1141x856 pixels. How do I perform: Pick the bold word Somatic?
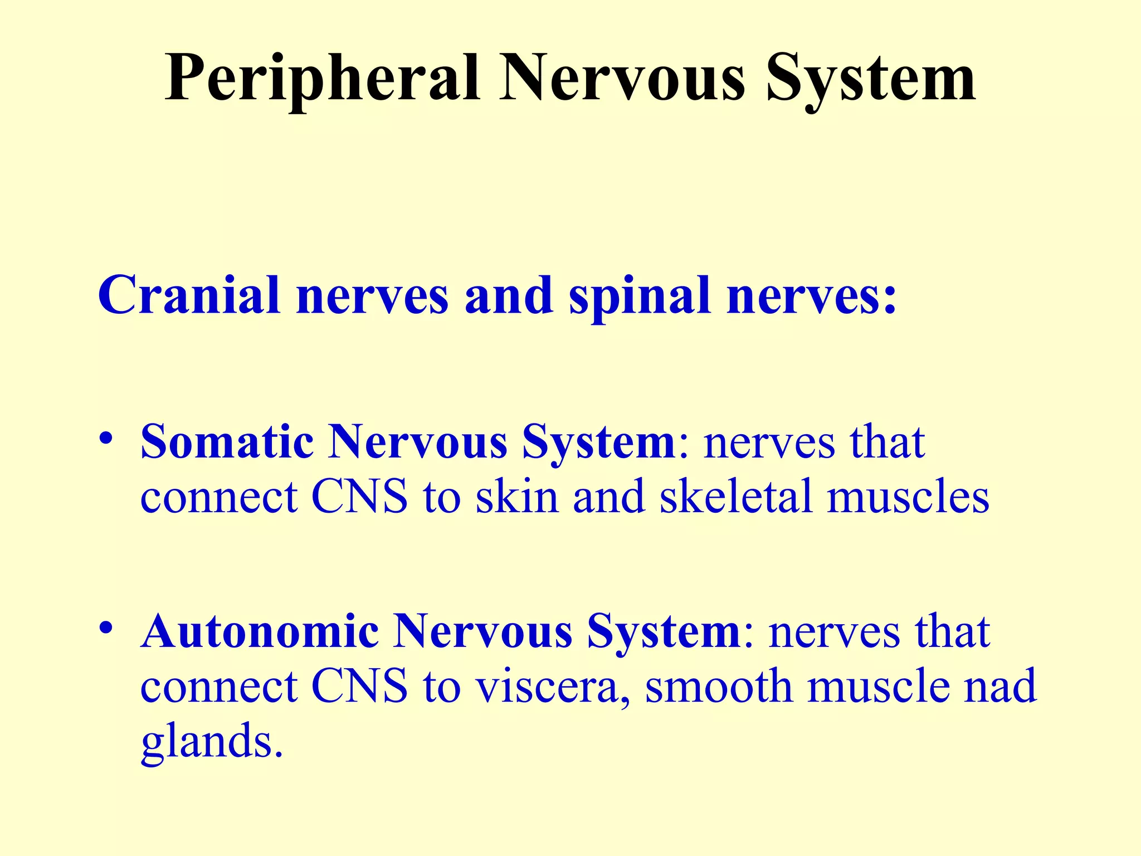tap(227, 442)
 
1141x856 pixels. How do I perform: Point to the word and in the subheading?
tap(508, 295)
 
